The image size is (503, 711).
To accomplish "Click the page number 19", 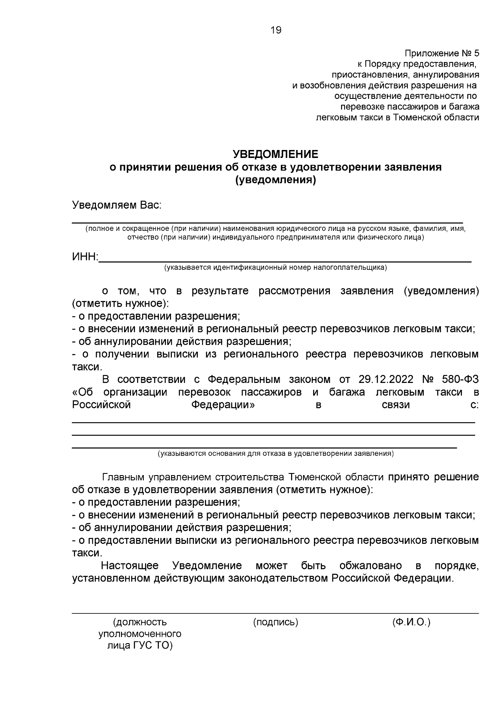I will [276, 30].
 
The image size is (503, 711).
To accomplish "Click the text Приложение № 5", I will [441, 54].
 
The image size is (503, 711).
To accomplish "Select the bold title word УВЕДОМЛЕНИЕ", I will [275, 154].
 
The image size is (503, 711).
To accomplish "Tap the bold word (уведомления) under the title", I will [275, 180].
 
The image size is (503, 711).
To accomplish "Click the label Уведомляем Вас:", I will [117, 205].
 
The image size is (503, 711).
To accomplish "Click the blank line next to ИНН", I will [285, 260].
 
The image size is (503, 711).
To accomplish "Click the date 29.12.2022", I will [386, 380].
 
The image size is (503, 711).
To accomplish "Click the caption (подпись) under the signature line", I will [275, 622].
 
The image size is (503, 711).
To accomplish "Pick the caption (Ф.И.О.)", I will [411, 622].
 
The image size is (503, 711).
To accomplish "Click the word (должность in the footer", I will [140, 622].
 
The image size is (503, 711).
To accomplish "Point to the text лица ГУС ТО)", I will [140, 646].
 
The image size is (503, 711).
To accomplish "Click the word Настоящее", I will [130, 566].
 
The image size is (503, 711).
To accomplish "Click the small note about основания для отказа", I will [275, 453].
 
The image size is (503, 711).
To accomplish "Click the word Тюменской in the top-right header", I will [415, 117].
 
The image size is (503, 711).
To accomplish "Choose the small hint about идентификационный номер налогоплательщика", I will [275, 267].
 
